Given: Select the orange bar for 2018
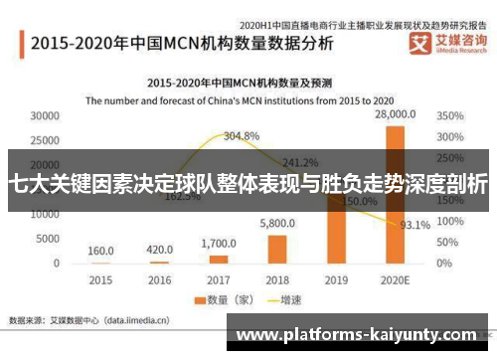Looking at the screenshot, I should click(x=276, y=249).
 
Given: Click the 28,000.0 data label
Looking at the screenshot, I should click(x=395, y=115).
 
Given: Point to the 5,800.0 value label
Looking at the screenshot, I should click(x=277, y=225).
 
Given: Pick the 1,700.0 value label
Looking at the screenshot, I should click(x=218, y=243).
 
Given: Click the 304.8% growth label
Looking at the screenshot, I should click(x=242, y=135).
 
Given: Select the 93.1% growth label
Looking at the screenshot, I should click(x=414, y=225).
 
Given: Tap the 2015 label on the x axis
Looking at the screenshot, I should click(x=100, y=279).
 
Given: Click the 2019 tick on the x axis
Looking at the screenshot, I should click(x=336, y=279).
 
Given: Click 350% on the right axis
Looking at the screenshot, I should click(x=449, y=115).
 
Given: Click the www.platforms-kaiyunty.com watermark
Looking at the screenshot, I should click(x=360, y=336).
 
